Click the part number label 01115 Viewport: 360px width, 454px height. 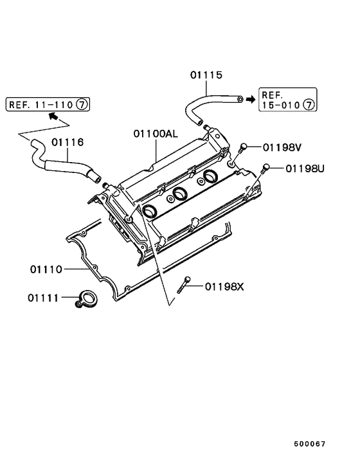(x=206, y=75)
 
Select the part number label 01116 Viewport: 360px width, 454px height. (x=68, y=142)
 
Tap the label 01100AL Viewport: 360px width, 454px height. (x=156, y=134)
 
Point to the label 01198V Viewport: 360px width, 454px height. (x=282, y=147)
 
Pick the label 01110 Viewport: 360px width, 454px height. (x=45, y=269)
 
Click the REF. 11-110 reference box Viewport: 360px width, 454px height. (x=48, y=104)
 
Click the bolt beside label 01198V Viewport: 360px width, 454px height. (x=242, y=149)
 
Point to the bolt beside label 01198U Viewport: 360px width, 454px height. (x=266, y=169)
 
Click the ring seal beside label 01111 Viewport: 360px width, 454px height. (x=85, y=298)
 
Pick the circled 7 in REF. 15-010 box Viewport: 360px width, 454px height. (x=309, y=104)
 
